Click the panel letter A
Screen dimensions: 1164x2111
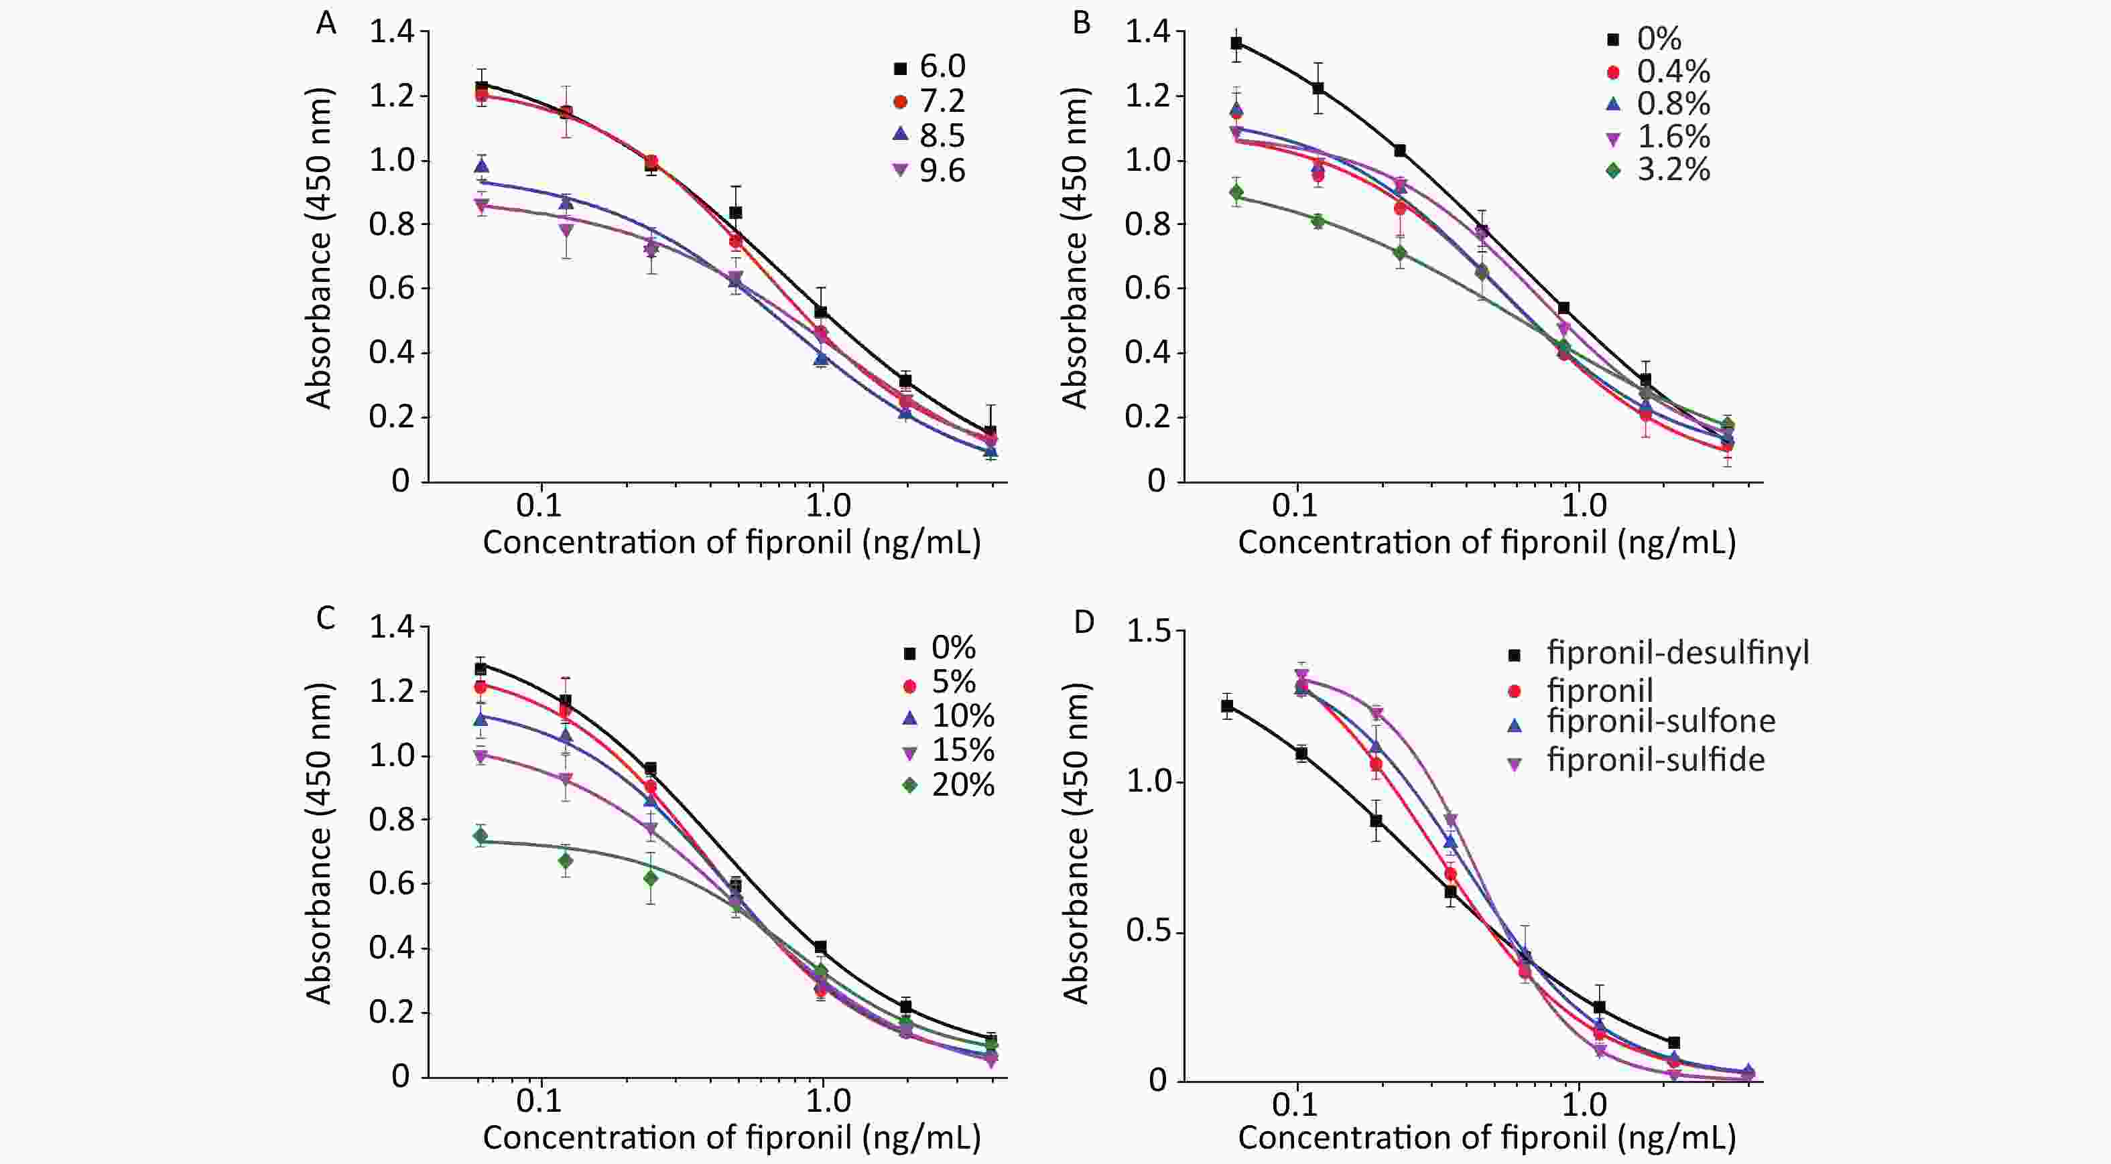326,23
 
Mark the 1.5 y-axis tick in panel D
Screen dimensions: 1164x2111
1150,632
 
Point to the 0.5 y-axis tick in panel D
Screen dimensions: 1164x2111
1150,933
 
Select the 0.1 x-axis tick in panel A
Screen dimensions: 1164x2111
540,506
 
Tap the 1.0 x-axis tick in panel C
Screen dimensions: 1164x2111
828,1102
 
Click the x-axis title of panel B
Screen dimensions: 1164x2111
1486,542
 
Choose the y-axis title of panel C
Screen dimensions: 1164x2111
319,843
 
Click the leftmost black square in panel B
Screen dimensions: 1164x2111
1236,44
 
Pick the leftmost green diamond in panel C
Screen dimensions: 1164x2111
481,836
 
